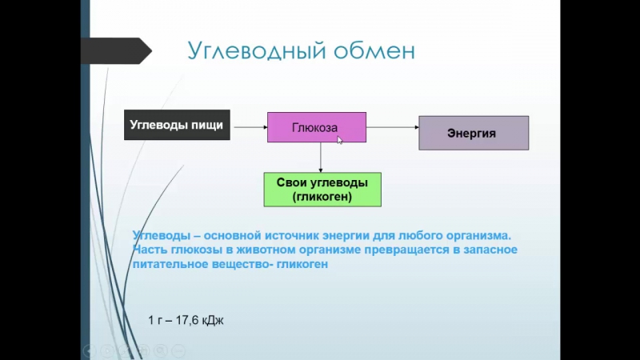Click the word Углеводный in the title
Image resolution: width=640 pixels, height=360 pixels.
257,51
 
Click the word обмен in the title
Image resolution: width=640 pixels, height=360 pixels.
374,50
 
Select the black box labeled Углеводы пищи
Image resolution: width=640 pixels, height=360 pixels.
177,125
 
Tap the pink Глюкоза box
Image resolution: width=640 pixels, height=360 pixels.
317,127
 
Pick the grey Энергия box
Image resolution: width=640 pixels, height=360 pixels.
474,133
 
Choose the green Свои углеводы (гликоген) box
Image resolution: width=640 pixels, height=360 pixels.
322,190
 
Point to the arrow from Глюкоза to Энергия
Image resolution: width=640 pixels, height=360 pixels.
393,127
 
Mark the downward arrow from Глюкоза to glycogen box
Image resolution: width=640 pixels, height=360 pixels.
321,158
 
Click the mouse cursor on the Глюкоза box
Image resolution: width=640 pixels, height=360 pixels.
339,140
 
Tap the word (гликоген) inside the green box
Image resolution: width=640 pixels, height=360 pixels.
322,197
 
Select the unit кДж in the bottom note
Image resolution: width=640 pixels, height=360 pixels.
213,321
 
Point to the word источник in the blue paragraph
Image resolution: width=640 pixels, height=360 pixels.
291,236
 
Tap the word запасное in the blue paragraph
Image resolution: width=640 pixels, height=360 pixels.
490,250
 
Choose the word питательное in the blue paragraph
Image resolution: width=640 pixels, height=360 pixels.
170,264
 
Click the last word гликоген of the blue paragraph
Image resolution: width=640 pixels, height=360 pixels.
302,264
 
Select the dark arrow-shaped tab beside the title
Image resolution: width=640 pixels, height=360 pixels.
116,51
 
